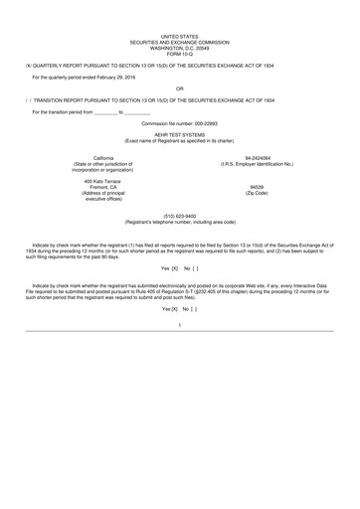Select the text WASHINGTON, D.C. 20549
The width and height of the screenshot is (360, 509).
179,46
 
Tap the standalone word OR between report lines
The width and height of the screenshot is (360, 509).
179,86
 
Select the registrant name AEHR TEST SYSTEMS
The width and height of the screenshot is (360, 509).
179,136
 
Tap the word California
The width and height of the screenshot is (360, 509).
103,158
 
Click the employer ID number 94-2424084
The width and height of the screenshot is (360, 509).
258,158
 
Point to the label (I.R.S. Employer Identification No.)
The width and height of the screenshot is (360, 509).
258,164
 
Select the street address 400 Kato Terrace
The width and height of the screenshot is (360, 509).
103,181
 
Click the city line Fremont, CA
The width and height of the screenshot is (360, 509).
103,187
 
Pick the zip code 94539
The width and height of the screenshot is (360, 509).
258,187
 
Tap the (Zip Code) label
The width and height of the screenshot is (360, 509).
258,193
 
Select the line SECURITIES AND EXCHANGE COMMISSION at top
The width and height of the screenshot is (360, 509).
179,41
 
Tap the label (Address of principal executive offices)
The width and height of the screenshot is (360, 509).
103,196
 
